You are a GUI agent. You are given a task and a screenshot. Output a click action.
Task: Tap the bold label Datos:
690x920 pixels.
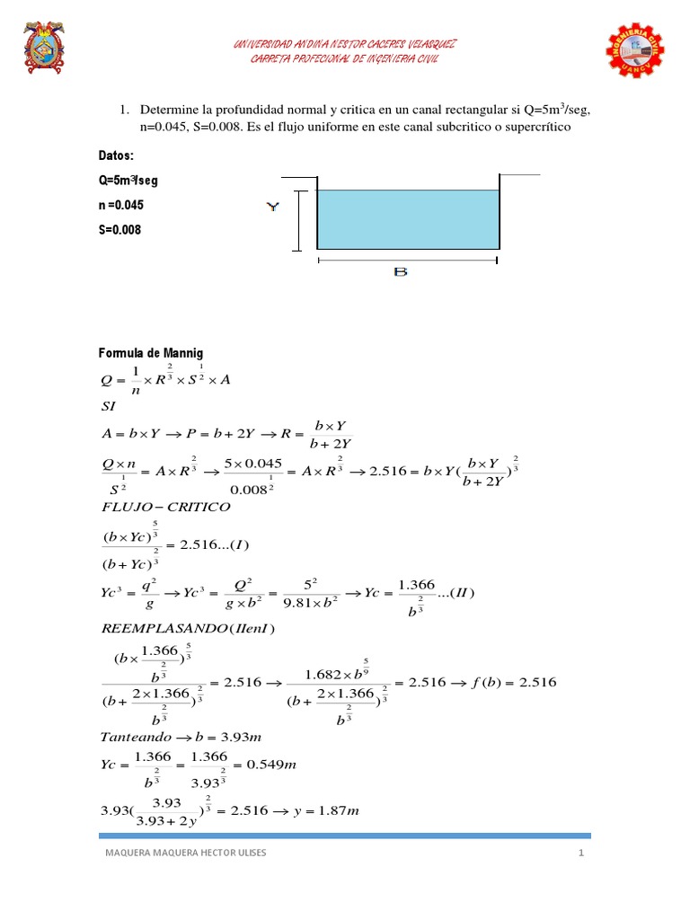[116, 155]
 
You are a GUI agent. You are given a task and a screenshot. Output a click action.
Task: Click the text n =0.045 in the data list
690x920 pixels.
[121, 205]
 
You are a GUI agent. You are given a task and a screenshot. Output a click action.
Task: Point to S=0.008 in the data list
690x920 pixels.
[119, 230]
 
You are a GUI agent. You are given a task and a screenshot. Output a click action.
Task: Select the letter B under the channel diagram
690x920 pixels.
[401, 271]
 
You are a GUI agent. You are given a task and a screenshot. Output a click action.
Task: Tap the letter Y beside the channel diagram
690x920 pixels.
[273, 207]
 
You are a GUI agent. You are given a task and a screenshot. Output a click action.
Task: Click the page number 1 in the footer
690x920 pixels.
[581, 854]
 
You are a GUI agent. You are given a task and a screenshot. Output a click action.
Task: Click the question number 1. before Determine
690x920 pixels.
[124, 110]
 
